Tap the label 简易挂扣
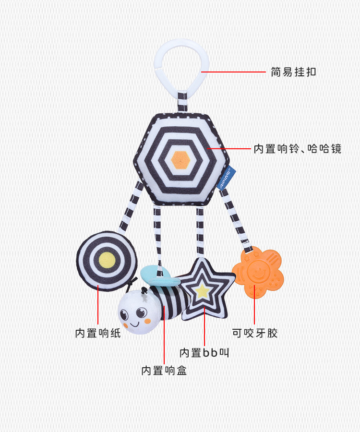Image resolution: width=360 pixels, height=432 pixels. click(293, 72)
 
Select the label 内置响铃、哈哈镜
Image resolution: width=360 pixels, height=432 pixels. click(298, 149)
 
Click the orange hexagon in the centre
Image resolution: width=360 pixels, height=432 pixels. click(181, 158)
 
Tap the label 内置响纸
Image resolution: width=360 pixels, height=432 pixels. click(98, 333)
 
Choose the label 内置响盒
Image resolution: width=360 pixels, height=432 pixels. click(164, 370)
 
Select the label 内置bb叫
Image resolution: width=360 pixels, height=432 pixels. click(204, 353)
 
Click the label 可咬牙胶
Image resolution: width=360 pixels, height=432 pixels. click(254, 333)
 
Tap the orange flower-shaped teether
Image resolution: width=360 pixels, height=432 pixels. click(258, 276)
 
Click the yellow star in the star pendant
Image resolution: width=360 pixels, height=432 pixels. click(202, 289)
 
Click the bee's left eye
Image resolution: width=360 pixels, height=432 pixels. click(125, 315)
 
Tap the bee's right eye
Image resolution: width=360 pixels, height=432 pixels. click(141, 313)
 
